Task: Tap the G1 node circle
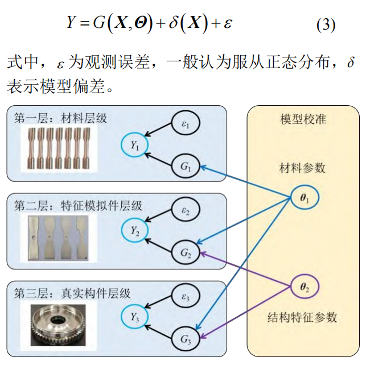click(x=185, y=168)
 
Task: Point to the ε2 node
click(x=185, y=210)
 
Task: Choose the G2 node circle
click(x=185, y=252)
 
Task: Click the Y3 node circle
click(x=135, y=317)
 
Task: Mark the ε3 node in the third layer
click(x=185, y=296)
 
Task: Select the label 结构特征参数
click(x=303, y=317)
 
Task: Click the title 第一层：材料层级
click(x=61, y=118)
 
